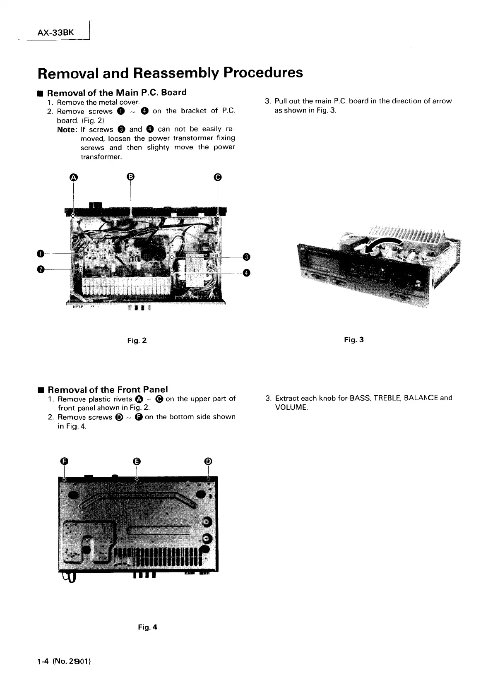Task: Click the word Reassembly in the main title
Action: (x=176, y=72)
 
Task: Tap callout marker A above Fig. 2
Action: (x=73, y=177)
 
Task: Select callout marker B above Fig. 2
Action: (x=130, y=177)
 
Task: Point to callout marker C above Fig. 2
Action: (x=218, y=177)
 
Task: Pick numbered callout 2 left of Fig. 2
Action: (x=40, y=269)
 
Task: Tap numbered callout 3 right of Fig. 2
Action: (x=246, y=257)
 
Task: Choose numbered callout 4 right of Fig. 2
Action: (x=246, y=273)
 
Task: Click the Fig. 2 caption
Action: (x=137, y=341)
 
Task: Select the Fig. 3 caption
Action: (x=354, y=340)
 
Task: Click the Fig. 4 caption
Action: (x=148, y=627)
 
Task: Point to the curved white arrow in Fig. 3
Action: (x=377, y=247)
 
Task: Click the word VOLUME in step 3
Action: (x=291, y=407)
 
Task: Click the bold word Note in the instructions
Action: (x=67, y=129)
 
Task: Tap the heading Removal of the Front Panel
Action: (x=108, y=389)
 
